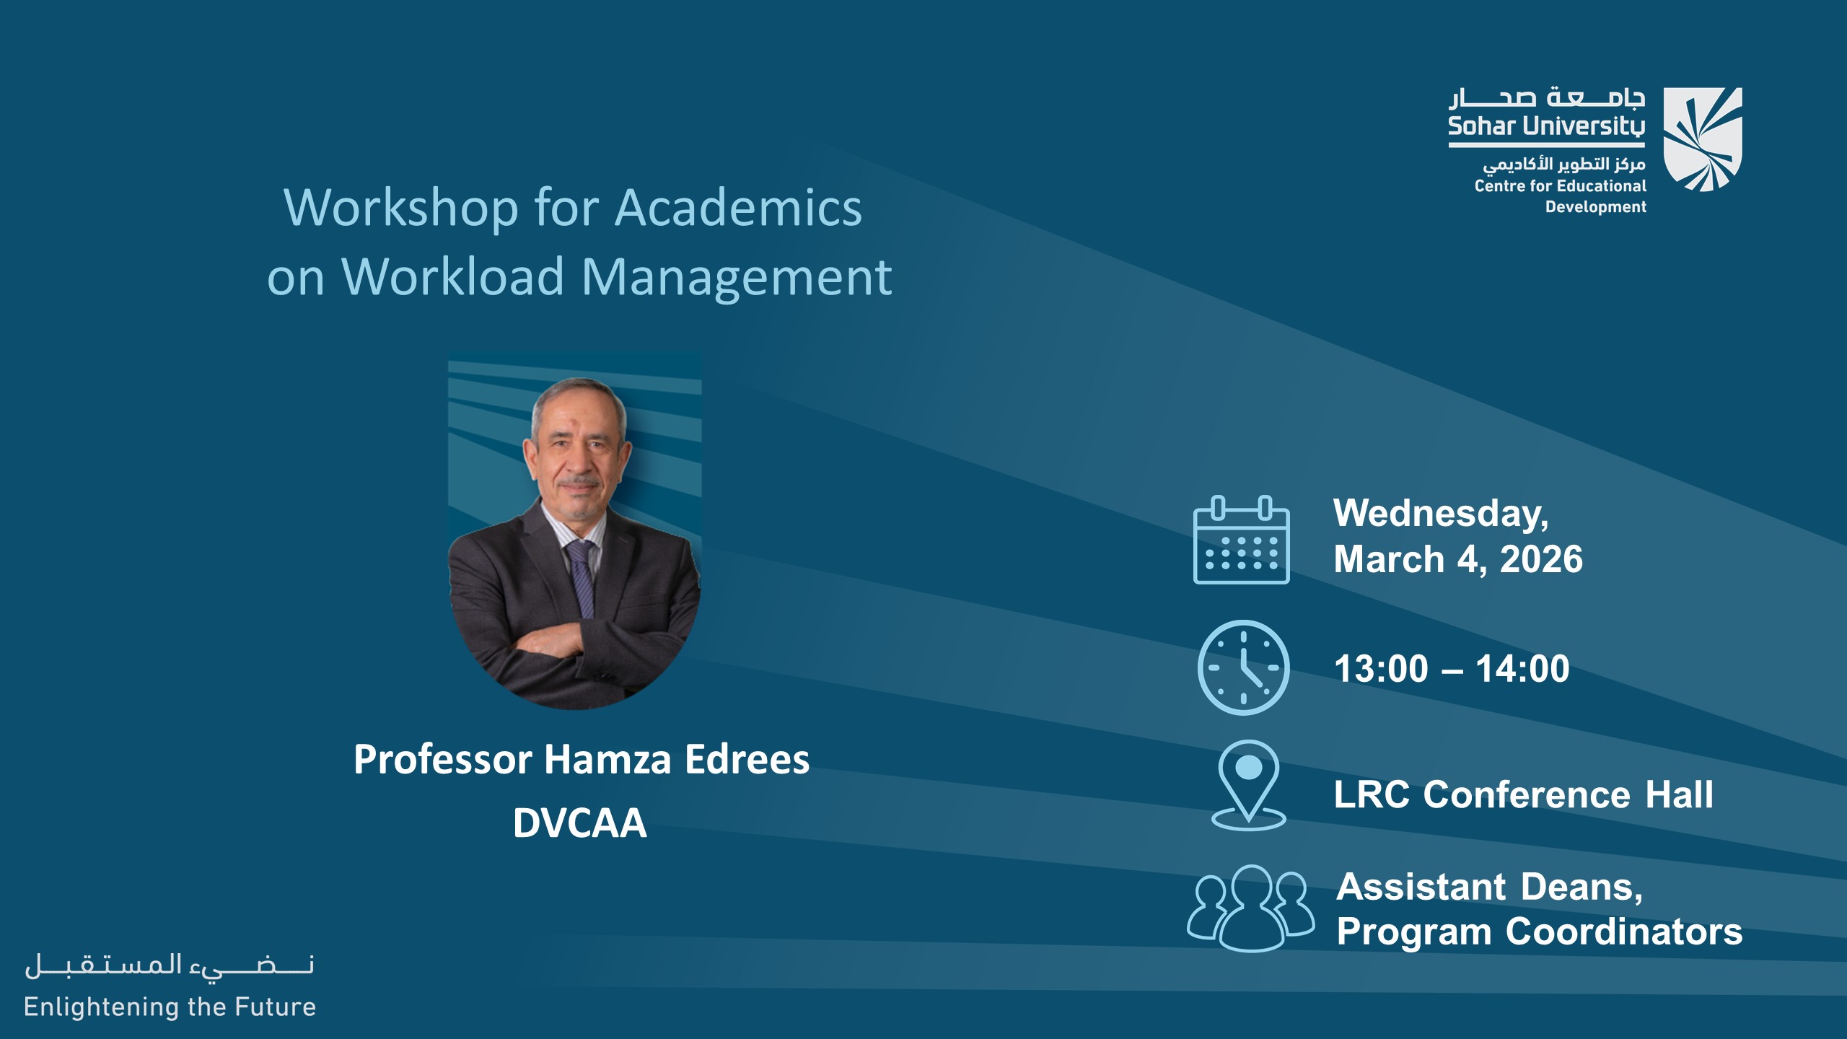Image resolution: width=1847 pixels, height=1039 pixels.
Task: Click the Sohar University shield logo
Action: pyautogui.click(x=1702, y=139)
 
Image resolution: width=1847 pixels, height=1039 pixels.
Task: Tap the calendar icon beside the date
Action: pyautogui.click(x=1241, y=540)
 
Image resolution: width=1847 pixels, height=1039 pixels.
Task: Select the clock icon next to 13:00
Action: pyautogui.click(x=1243, y=667)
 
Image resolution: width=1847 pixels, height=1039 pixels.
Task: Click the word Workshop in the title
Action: pyautogui.click(x=400, y=209)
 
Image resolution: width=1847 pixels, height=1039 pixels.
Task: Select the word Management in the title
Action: pyautogui.click(x=736, y=277)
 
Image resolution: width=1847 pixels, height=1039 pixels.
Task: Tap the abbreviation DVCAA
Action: pyautogui.click(x=579, y=823)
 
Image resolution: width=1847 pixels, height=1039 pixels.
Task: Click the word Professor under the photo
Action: pyautogui.click(x=442, y=760)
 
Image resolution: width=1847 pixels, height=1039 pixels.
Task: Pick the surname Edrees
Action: pyautogui.click(x=747, y=760)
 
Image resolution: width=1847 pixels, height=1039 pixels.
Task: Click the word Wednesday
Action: pyautogui.click(x=1440, y=514)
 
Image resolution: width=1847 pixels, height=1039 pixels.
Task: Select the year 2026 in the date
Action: pyautogui.click(x=1541, y=560)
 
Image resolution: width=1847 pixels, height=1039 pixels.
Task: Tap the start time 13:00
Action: pyautogui.click(x=1381, y=669)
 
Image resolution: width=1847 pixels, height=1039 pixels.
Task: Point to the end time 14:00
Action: pyautogui.click(x=1522, y=669)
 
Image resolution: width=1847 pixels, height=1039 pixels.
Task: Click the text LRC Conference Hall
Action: pyautogui.click(x=1523, y=795)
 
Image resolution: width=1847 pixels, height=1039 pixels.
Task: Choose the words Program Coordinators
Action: pyautogui.click(x=1539, y=931)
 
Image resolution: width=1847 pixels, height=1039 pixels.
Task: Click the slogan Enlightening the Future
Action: pyautogui.click(x=170, y=1007)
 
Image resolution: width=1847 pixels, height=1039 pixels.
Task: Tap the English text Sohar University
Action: pyautogui.click(x=1546, y=127)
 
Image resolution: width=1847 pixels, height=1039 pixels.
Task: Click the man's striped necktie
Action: pyautogui.click(x=582, y=577)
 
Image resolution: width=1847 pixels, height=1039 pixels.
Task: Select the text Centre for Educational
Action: pyautogui.click(x=1560, y=186)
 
